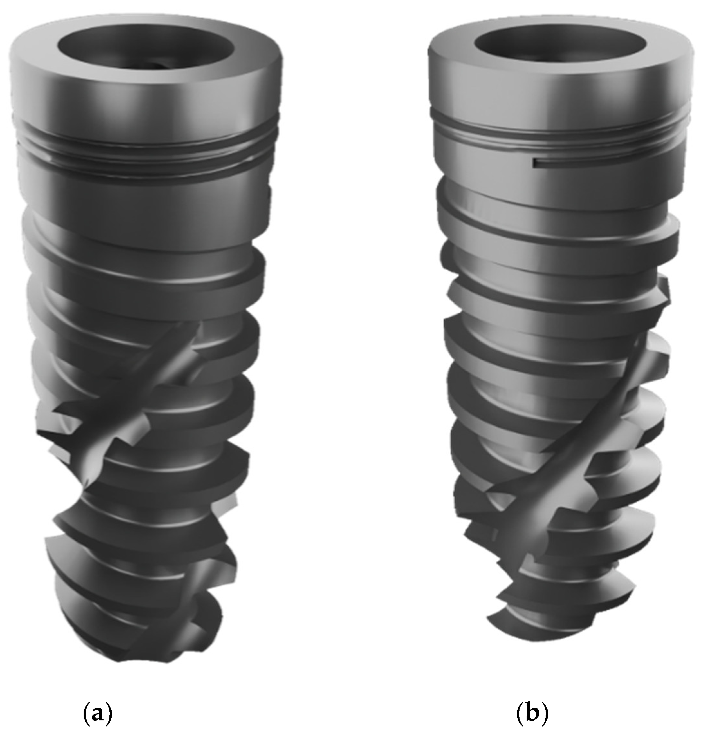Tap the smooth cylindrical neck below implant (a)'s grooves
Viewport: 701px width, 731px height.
click(x=145, y=198)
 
